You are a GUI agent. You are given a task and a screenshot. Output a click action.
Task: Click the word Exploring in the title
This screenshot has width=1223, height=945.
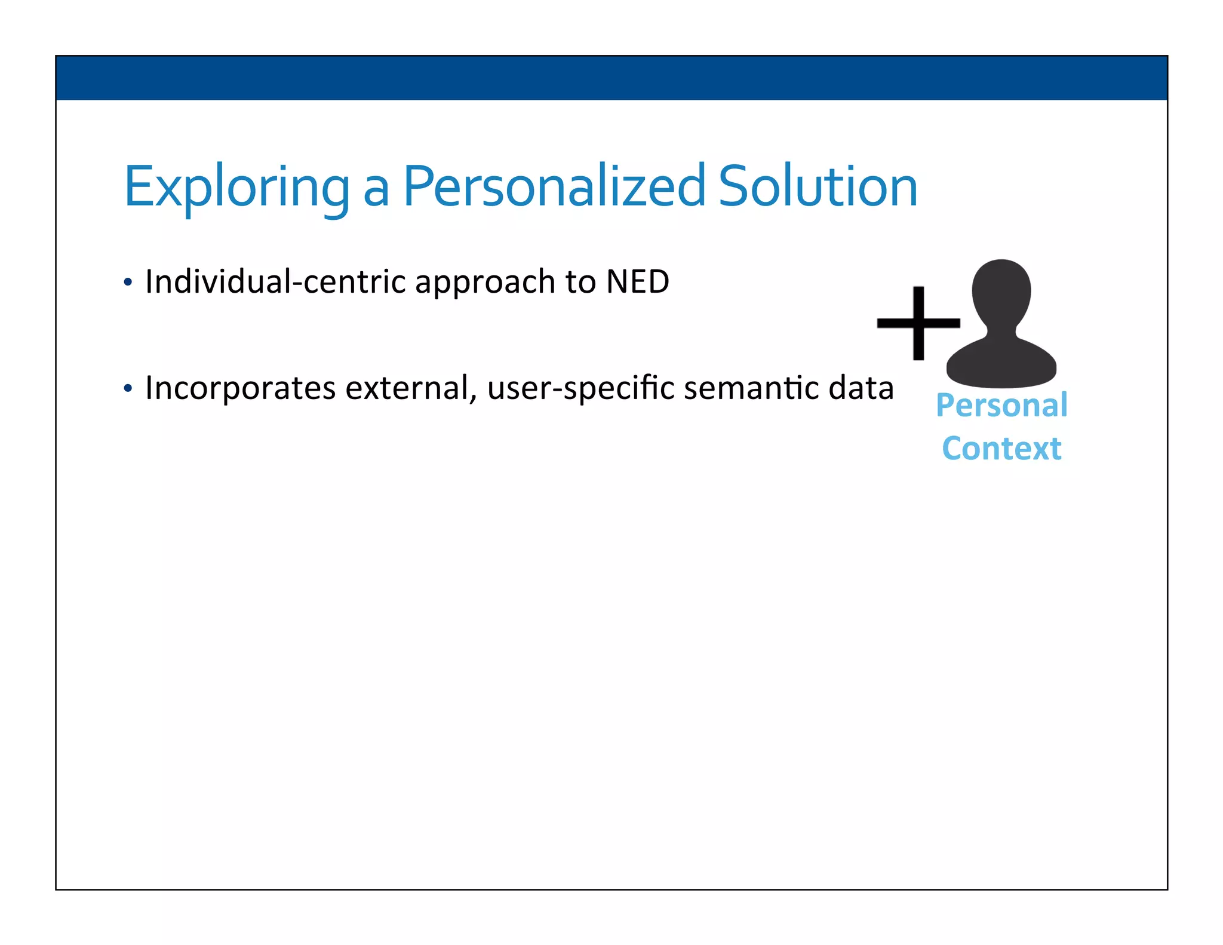pos(236,188)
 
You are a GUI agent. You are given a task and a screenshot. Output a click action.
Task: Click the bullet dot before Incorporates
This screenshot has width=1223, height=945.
pos(127,389)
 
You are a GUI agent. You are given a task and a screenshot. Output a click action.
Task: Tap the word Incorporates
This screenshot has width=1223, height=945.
pos(240,389)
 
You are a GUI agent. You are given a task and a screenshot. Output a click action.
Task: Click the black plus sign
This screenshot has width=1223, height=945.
pos(918,323)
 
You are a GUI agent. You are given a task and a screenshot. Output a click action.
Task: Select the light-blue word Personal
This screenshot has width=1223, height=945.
pos(1001,406)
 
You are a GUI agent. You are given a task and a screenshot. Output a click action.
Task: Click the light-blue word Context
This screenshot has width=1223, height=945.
pos(1001,449)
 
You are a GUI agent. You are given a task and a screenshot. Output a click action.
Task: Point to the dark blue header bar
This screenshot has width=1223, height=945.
pos(611,78)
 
